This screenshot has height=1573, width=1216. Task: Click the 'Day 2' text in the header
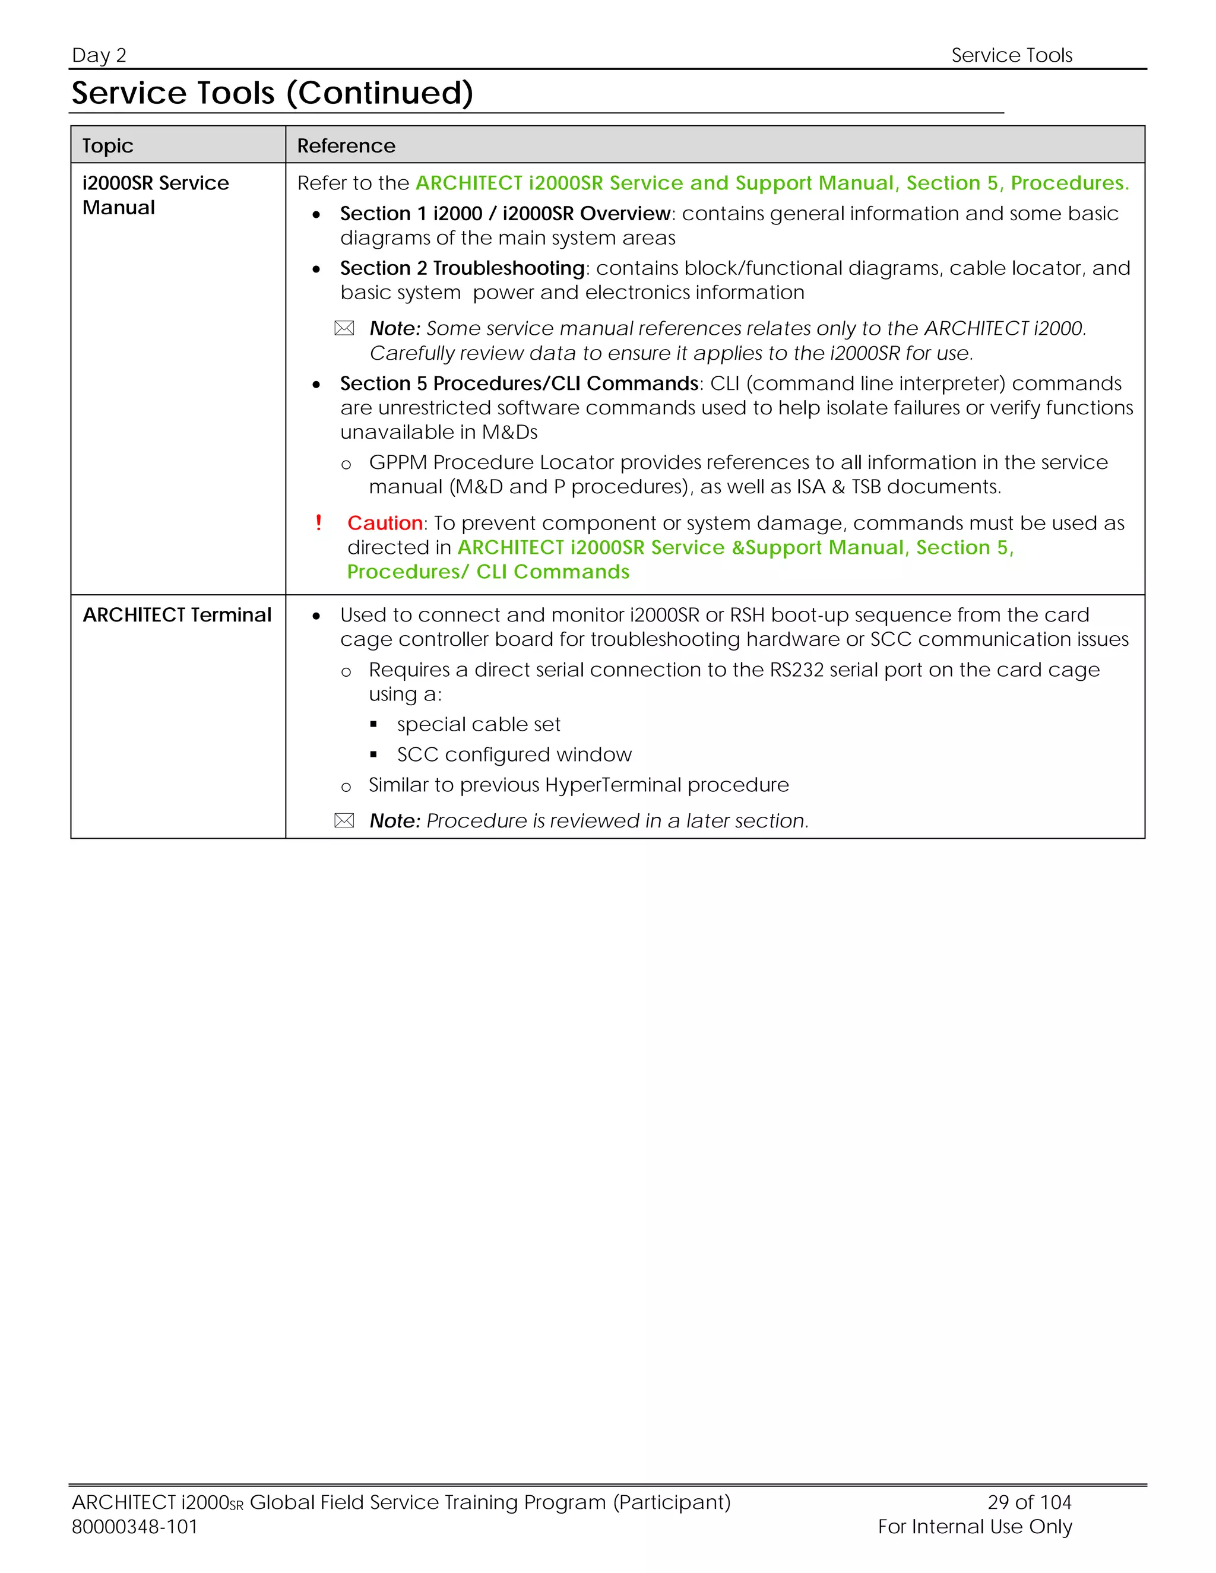click(99, 55)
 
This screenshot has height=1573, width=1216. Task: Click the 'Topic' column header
click(107, 145)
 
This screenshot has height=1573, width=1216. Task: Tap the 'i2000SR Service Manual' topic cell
click(155, 195)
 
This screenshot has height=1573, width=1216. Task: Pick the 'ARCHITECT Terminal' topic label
click(176, 614)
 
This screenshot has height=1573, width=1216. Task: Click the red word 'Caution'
click(385, 523)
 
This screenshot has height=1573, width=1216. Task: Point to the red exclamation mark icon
click(318, 522)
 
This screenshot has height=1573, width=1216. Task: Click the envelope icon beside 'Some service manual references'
click(344, 328)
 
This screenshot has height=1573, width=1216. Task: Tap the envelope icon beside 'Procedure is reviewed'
click(344, 820)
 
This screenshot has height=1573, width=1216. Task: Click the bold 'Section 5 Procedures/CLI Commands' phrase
click(519, 383)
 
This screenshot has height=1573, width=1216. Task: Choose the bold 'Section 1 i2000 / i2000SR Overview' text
click(505, 213)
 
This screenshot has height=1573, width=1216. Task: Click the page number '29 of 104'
click(1029, 1502)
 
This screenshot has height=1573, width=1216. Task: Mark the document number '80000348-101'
click(135, 1526)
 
